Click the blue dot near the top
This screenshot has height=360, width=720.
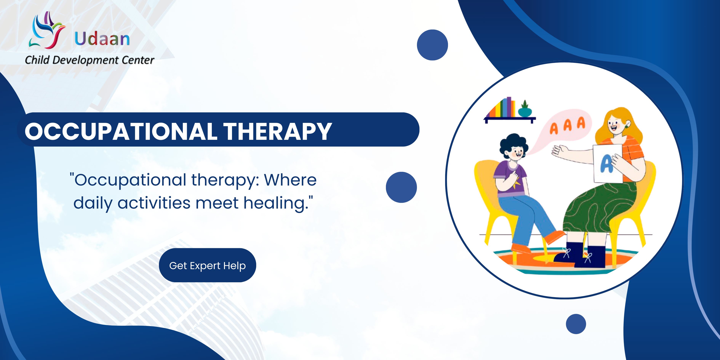(432, 45)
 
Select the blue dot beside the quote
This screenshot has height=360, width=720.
(401, 187)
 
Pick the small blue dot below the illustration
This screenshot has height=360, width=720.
(576, 324)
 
